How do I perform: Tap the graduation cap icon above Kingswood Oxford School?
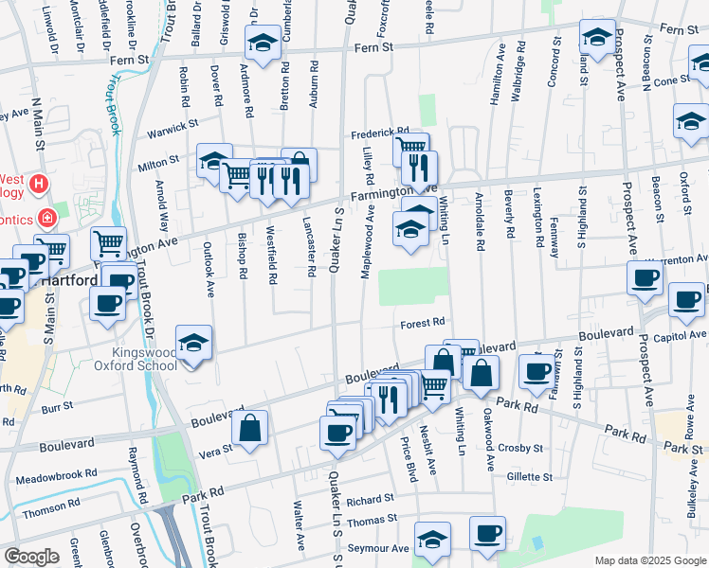194,343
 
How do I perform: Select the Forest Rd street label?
423,322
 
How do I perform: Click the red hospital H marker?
39,182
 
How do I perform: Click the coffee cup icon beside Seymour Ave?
487,532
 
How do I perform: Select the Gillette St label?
529,476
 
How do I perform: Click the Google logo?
31,556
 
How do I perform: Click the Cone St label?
671,80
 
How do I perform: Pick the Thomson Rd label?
45,512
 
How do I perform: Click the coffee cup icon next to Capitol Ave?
686,299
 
